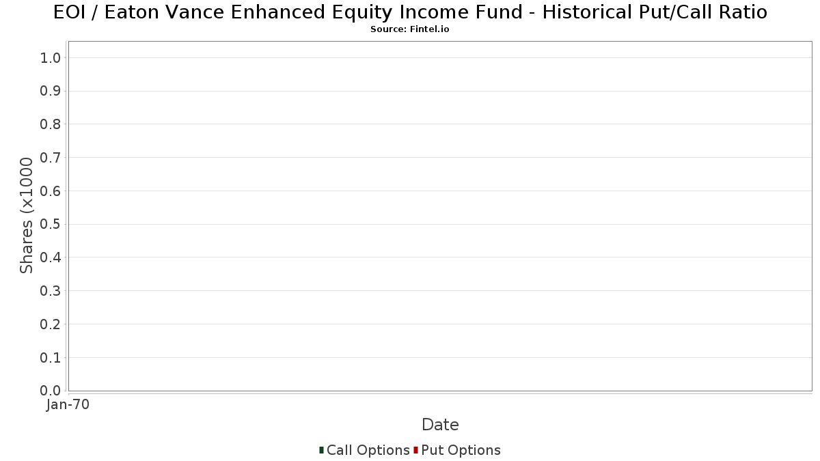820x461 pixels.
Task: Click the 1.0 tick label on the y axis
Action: point(50,58)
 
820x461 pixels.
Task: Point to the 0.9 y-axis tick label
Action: point(50,91)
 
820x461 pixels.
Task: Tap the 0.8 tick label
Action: point(50,124)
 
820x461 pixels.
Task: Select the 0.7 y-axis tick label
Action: point(50,158)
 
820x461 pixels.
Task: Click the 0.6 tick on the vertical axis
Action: point(50,191)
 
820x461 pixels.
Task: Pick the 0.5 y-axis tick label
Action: point(50,224)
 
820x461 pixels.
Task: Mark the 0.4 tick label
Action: point(50,257)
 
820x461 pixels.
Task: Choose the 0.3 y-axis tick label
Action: point(50,291)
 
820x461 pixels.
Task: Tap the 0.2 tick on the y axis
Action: point(50,324)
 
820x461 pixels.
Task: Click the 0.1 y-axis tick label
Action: point(50,357)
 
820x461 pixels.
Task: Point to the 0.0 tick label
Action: point(50,391)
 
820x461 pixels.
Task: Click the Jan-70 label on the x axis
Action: point(68,404)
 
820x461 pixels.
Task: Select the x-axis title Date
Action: point(440,425)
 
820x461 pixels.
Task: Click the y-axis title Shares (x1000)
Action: point(27,216)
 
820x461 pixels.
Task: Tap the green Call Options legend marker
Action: point(321,450)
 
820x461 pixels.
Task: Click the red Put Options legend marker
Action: point(416,450)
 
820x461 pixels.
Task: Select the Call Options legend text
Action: point(368,450)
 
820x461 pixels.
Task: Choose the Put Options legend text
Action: point(461,450)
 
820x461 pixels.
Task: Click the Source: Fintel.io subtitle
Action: point(409,29)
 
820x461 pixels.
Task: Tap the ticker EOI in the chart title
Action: point(69,12)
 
